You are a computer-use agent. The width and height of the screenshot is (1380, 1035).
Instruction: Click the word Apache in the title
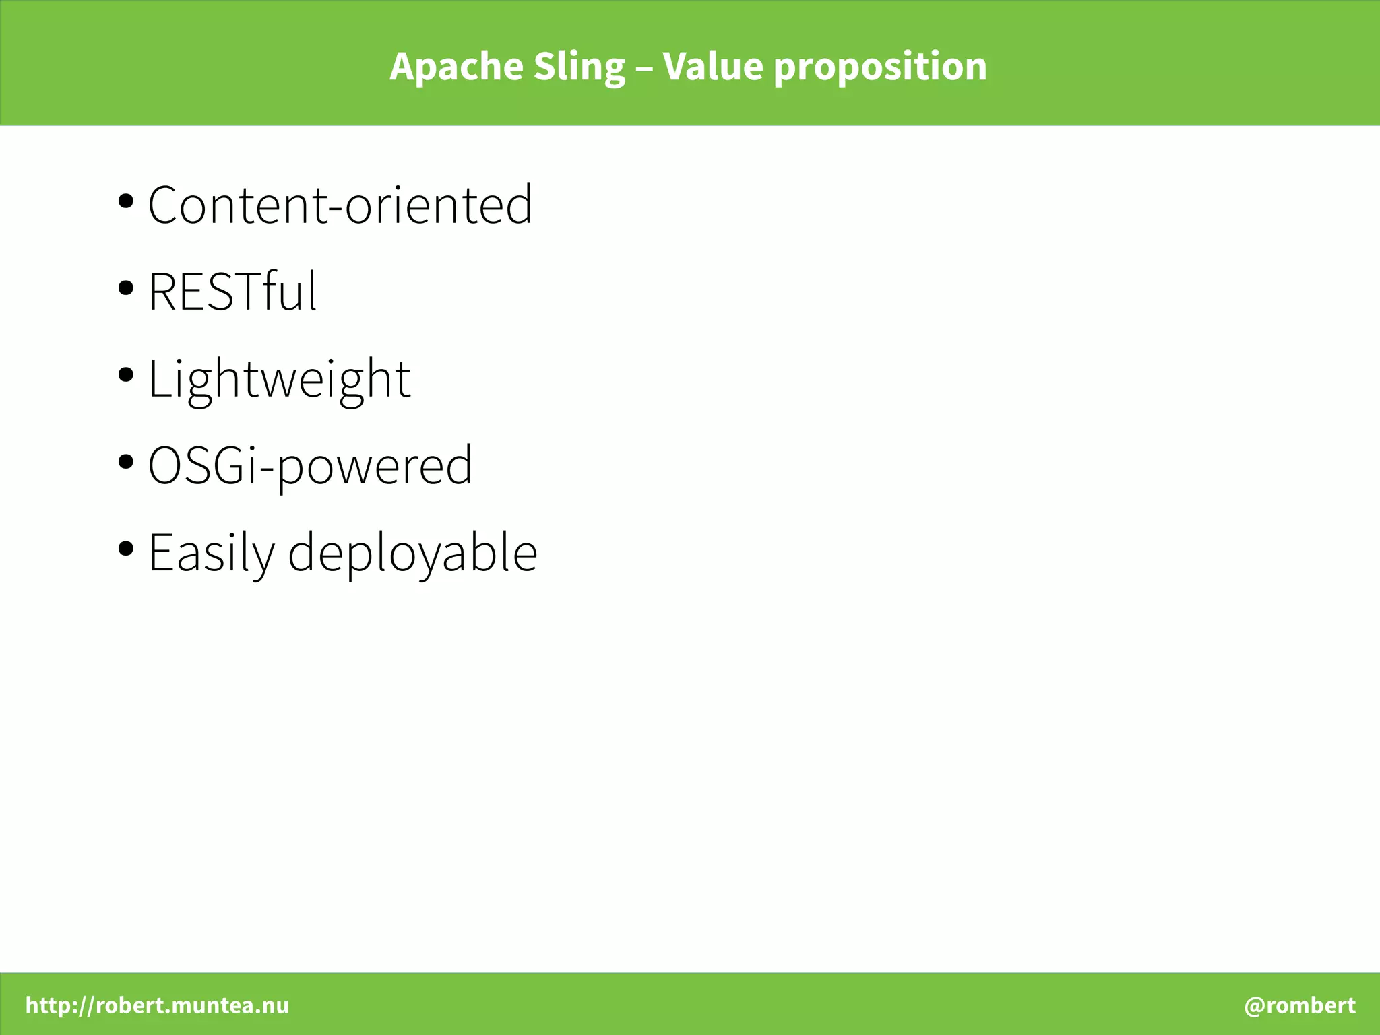tap(456, 67)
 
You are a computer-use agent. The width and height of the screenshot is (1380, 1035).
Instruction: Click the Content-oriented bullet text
tap(340, 204)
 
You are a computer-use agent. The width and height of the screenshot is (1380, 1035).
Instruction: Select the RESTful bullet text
tap(232, 292)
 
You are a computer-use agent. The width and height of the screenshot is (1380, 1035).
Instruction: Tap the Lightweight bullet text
tap(279, 379)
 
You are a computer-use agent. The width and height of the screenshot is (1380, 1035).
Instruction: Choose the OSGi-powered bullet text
tap(310, 466)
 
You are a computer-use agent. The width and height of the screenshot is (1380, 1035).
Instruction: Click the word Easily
tap(211, 554)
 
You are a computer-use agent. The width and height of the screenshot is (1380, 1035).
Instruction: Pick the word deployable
tap(412, 554)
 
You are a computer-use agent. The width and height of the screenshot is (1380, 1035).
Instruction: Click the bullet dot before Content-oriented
tap(125, 201)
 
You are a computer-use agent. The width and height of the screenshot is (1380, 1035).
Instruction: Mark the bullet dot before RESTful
tap(125, 288)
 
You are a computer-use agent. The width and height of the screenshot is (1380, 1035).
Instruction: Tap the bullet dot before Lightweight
tap(125, 375)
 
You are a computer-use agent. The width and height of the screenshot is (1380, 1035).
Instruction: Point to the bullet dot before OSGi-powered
tap(125, 462)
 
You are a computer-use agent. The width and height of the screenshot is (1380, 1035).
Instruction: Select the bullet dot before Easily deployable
tap(125, 549)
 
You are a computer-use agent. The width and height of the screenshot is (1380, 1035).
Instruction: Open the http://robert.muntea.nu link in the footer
tap(157, 1005)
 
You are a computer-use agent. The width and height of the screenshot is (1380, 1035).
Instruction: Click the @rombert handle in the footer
tap(1300, 1005)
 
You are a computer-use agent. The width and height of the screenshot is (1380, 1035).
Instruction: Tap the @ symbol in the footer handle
tap(1255, 1006)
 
